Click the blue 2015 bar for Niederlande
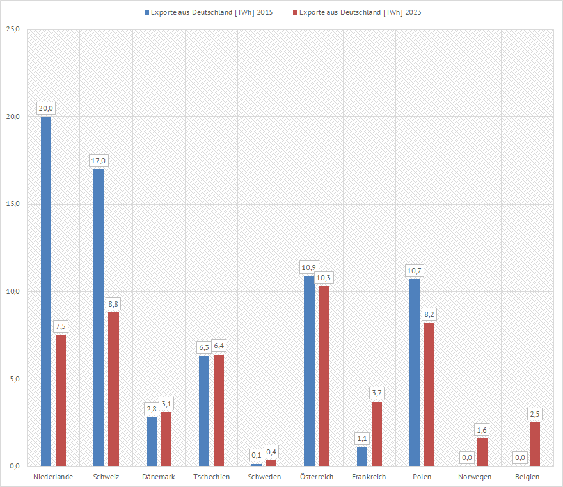pos(46,291)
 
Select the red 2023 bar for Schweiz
pos(113,389)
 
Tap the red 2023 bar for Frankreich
pos(377,434)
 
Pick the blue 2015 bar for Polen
pos(415,372)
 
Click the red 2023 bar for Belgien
pos(535,444)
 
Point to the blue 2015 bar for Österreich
pos(309,371)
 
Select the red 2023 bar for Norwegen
pos(482,452)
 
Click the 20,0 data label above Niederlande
pos(46,108)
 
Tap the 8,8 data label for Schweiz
pos(113,303)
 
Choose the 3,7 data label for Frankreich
pos(377,392)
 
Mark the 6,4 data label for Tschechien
pos(219,346)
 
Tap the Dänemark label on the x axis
pos(159,477)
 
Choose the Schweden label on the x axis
pos(264,477)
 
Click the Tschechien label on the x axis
pos(211,477)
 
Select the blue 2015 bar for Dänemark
pos(152,442)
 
